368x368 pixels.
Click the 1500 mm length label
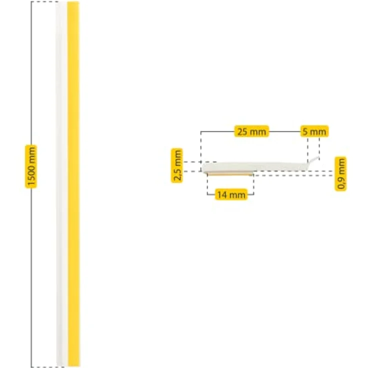30,166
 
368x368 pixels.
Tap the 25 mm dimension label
251,131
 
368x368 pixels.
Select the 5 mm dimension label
314,131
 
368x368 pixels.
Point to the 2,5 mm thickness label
177,165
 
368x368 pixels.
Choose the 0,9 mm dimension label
340,173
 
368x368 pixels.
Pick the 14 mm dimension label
231,194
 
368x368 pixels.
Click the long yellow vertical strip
73,183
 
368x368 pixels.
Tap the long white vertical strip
61,183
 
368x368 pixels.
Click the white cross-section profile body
254,167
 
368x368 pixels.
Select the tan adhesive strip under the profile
230,173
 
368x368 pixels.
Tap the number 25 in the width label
242,131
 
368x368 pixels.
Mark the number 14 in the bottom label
222,195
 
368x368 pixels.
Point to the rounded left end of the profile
202,167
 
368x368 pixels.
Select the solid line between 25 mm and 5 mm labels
284,131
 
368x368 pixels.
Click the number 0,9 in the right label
340,182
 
